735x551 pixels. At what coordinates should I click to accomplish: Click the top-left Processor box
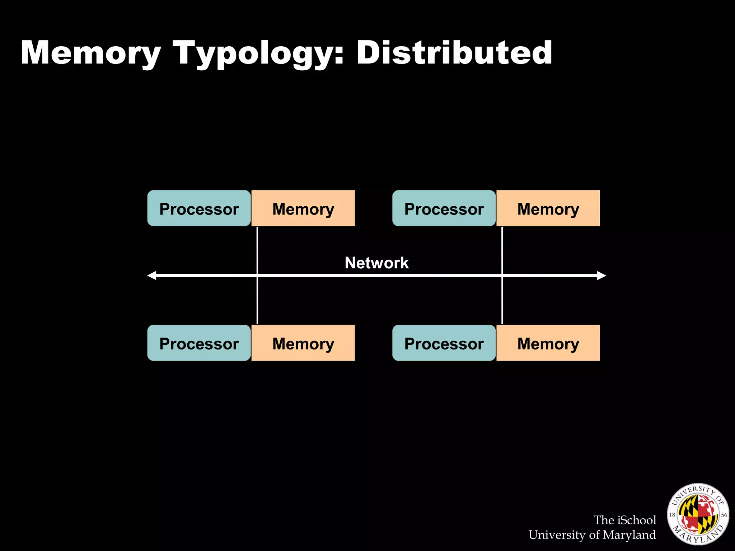[x=199, y=208]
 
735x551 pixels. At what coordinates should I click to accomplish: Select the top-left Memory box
[x=303, y=208]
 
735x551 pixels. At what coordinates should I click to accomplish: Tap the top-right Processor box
[x=444, y=208]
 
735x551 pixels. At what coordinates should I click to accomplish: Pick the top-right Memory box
[x=548, y=208]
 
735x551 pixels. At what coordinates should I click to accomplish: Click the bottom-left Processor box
[x=199, y=343]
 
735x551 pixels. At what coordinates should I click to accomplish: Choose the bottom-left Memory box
[x=303, y=343]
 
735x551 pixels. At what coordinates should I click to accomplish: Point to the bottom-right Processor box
[x=444, y=343]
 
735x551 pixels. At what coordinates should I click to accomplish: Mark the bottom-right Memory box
[x=548, y=343]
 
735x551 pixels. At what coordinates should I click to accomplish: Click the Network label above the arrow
[x=376, y=263]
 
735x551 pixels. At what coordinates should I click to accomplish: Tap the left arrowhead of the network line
[x=152, y=275]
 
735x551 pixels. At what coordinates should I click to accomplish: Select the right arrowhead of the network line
[x=601, y=275]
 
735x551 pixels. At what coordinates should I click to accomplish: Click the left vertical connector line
[x=257, y=251]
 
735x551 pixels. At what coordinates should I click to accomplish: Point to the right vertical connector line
[x=502, y=251]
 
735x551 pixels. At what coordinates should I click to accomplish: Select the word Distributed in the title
[x=454, y=53]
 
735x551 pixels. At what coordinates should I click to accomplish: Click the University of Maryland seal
[x=698, y=514]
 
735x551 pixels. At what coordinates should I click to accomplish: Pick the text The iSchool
[x=624, y=520]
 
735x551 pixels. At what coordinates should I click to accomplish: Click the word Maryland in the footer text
[x=629, y=535]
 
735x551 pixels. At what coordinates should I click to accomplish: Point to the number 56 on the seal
[x=724, y=515]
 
